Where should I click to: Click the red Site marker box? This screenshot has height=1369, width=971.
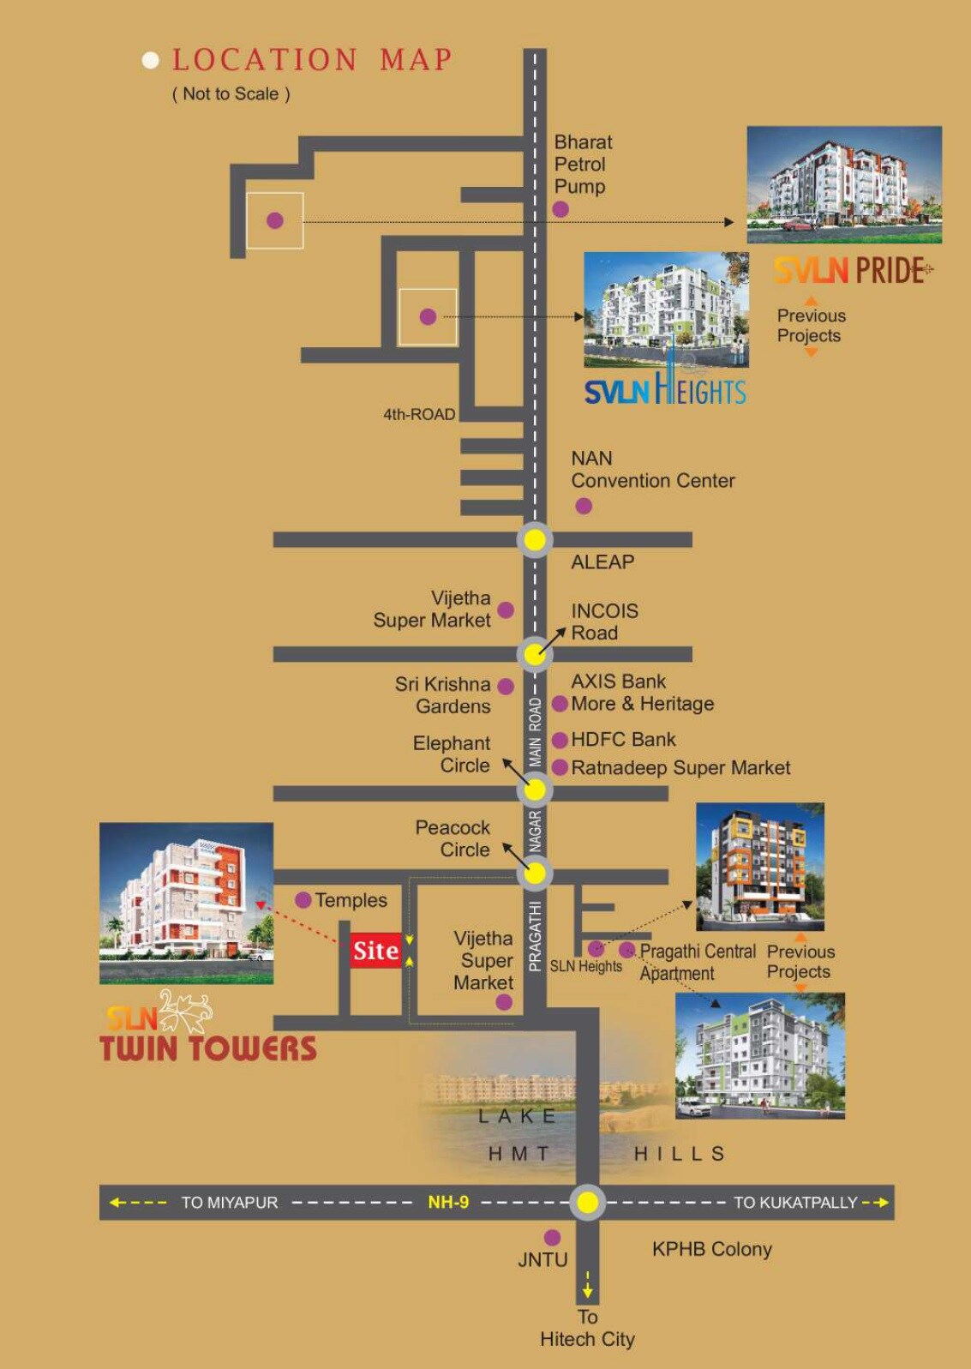pos(375,950)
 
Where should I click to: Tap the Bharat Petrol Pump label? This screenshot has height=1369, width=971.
pos(582,164)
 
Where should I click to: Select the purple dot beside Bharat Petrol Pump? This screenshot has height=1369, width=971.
pos(560,209)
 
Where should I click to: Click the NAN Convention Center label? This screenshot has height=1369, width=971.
pos(652,470)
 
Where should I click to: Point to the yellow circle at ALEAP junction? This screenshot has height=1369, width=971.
pos(535,540)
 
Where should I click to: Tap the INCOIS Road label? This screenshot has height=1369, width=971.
pos(604,621)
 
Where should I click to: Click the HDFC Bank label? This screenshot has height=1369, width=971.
pos(623,739)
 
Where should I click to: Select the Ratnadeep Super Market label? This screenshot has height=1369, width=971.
pos(680,768)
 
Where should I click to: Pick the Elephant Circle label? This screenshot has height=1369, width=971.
pos(452,754)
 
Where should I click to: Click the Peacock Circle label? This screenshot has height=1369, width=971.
pos(453,838)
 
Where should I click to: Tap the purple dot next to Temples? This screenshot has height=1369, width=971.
pos(303,900)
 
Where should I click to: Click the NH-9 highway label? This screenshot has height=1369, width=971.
pos(448,1202)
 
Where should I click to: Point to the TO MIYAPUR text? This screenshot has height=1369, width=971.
pos(230,1203)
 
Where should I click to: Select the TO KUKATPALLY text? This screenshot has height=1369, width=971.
pos(794,1203)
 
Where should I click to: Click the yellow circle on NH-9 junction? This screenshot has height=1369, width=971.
pos(587,1202)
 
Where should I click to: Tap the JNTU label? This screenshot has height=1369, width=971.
pos(542,1259)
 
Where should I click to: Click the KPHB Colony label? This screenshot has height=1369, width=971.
pos(711,1249)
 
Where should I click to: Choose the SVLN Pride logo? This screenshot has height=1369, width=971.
pos(852,270)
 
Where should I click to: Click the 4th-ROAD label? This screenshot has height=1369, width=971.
pos(419,414)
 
